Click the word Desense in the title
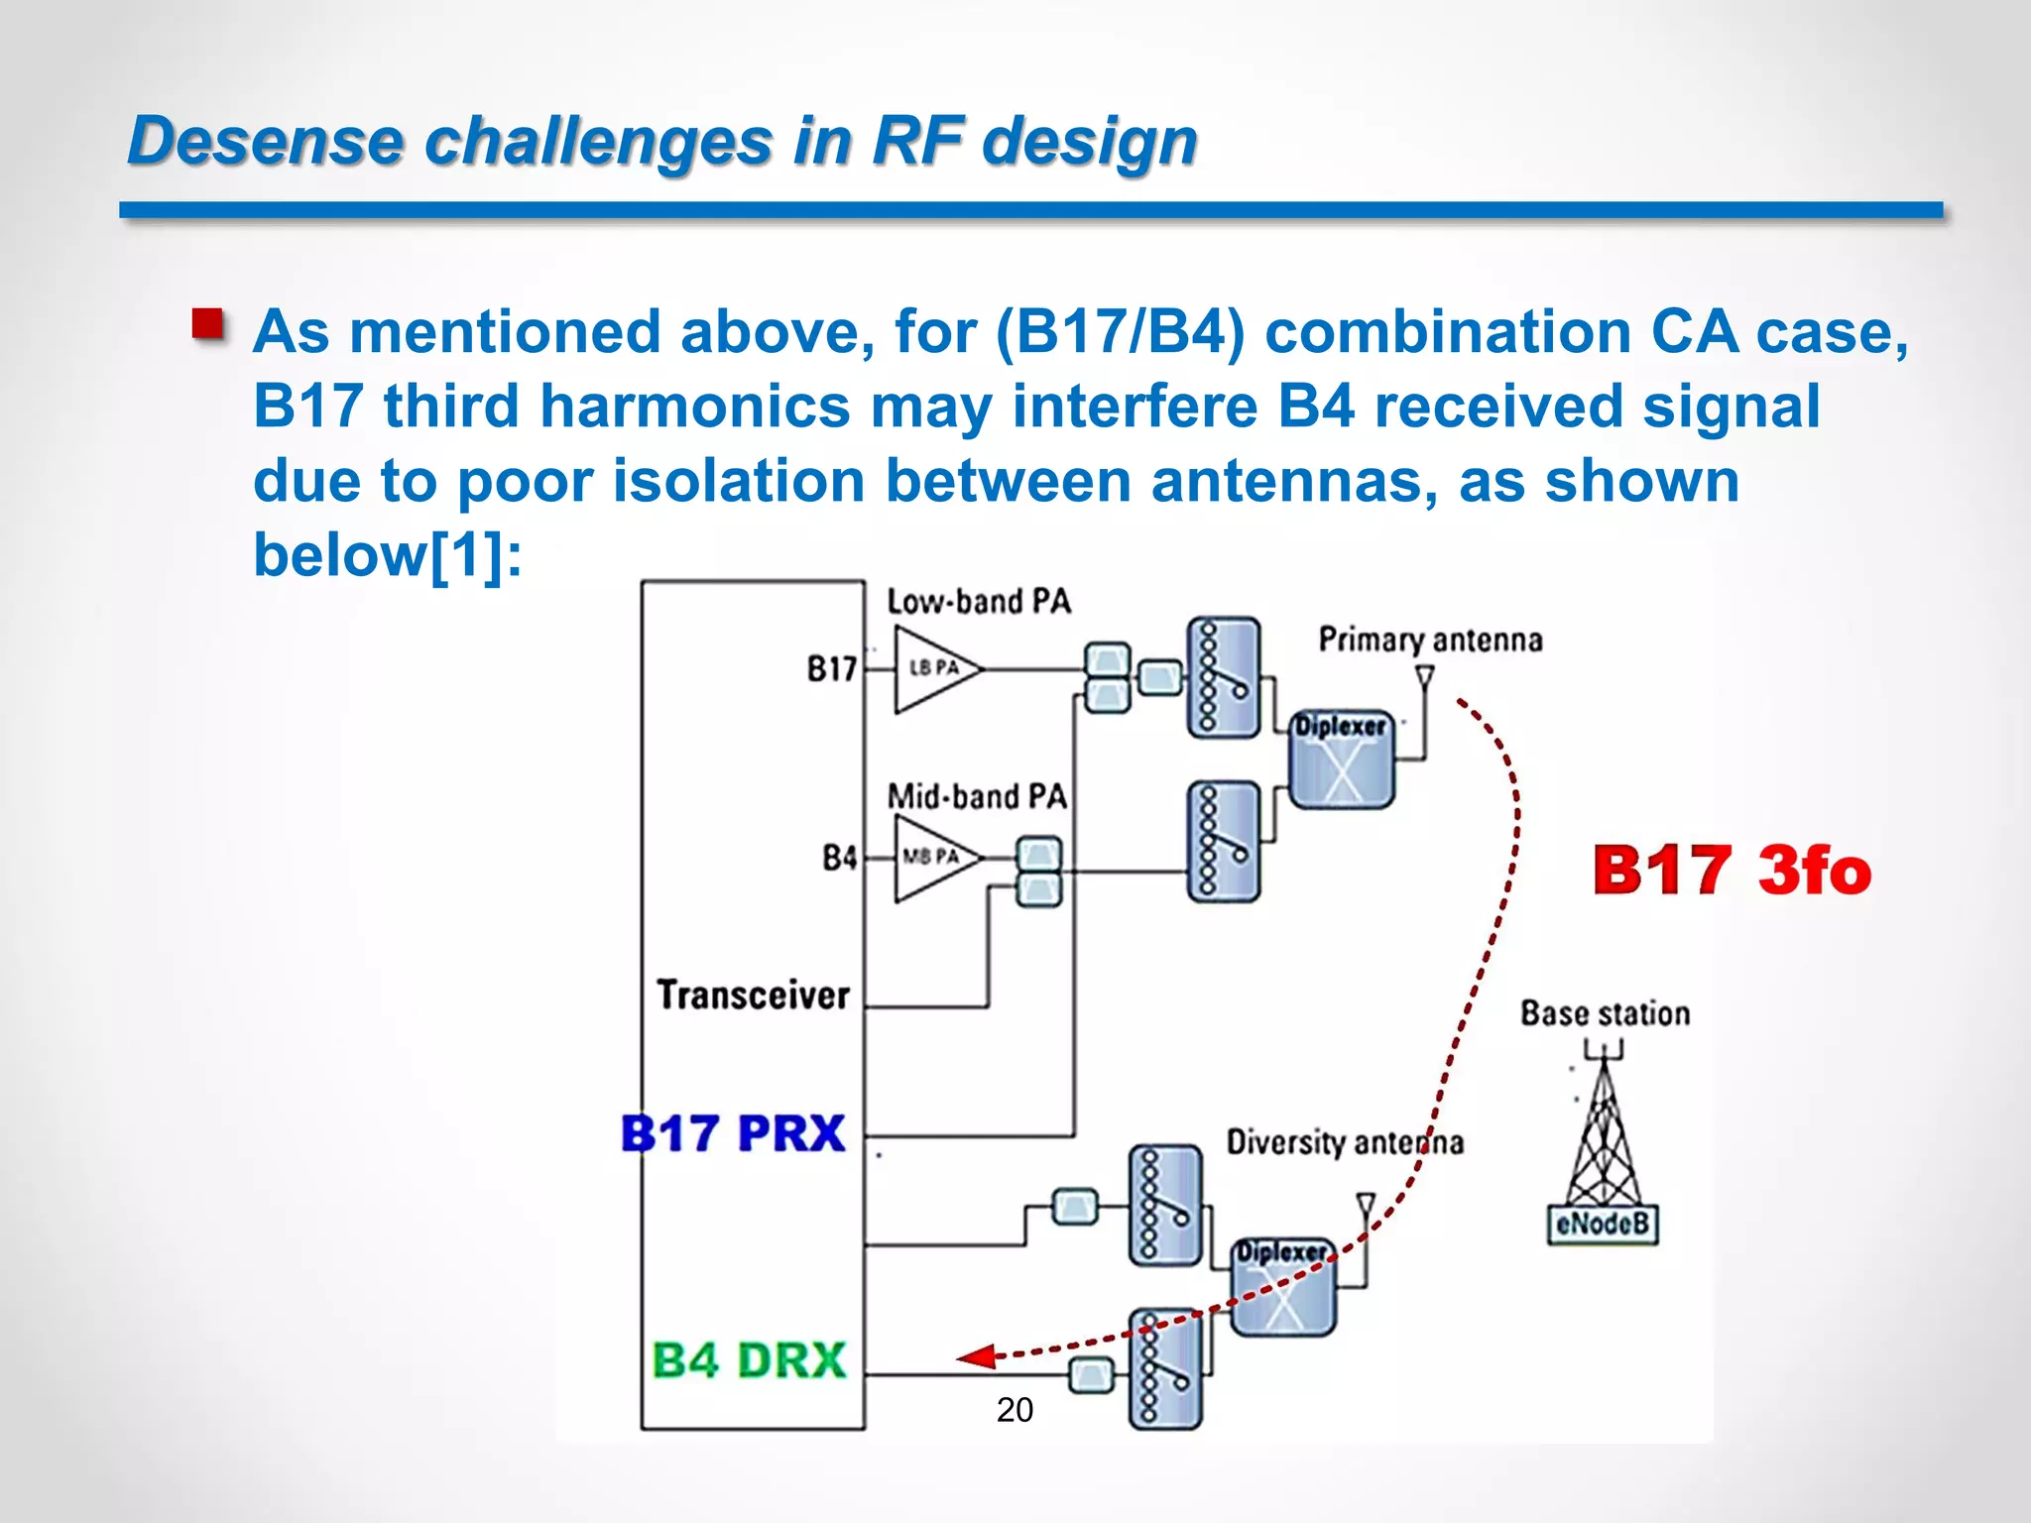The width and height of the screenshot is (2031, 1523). [265, 141]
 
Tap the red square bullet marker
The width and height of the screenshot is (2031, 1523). [208, 324]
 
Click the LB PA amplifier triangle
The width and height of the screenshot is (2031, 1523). [932, 669]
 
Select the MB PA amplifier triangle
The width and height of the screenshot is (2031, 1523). [932, 857]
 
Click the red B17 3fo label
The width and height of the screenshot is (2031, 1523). [1732, 871]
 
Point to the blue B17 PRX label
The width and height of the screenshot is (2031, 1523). [733, 1133]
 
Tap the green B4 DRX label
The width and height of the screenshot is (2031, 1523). [749, 1359]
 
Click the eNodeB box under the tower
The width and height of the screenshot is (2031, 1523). [1603, 1224]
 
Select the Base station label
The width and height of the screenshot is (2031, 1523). [1605, 1013]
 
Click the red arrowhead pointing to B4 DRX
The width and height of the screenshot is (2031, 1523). [977, 1356]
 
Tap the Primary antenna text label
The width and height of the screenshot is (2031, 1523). [1430, 640]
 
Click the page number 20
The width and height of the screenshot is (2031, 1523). [1015, 1409]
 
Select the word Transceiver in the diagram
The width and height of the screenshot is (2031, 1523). [754, 995]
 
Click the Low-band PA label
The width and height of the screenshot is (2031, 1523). [979, 601]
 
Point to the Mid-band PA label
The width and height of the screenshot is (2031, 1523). [977, 796]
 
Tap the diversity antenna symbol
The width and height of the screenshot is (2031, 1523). [1366, 1206]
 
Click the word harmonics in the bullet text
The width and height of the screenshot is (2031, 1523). [694, 406]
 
